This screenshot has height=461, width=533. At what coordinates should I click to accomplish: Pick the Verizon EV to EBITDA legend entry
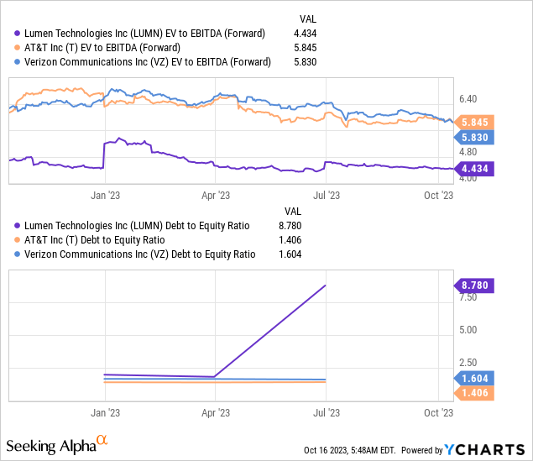[146, 61]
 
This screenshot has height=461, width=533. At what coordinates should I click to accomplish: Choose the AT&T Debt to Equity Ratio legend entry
[126, 239]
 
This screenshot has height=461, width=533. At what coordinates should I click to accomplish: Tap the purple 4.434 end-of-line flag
[474, 169]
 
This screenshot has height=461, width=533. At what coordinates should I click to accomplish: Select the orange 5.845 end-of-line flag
[474, 122]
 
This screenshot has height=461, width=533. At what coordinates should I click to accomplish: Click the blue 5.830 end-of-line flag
[474, 137]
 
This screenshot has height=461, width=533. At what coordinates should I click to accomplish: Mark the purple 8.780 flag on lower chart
[474, 286]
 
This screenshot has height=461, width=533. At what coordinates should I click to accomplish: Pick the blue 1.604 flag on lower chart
[474, 378]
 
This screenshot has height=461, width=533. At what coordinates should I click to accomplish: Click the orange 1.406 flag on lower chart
[474, 392]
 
